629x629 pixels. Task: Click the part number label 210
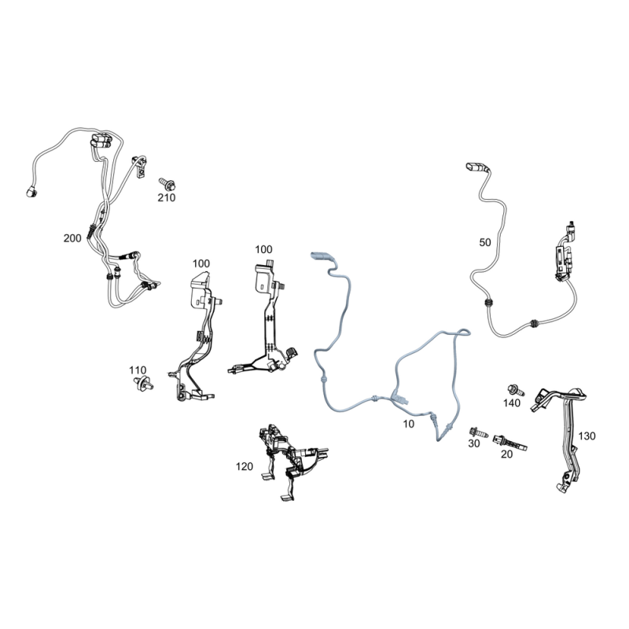[x=167, y=198]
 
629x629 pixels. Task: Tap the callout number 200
[x=72, y=238]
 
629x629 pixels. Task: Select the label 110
[x=138, y=370]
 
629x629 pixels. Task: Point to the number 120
[x=245, y=466]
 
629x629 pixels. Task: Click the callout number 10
[x=408, y=424]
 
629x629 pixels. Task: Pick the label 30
[x=474, y=443]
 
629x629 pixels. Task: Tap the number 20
[x=506, y=454]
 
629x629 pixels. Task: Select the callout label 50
[x=485, y=243]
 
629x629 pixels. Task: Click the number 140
[x=512, y=403]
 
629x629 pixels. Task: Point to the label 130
[x=587, y=436]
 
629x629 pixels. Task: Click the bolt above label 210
[x=167, y=184]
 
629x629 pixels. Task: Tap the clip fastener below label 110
[x=143, y=383]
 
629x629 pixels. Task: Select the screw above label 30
[x=479, y=432]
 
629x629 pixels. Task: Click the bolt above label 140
[x=516, y=390]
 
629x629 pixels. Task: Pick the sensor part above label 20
[x=509, y=442]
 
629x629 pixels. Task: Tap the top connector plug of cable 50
[x=476, y=167]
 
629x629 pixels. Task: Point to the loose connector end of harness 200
[x=31, y=192]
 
